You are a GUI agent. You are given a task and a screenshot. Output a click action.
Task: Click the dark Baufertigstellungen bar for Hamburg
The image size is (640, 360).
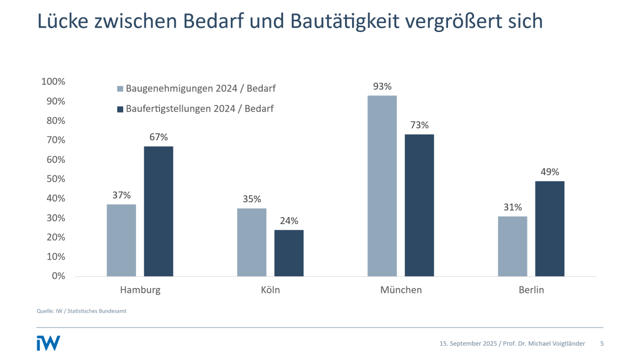pos(158,211)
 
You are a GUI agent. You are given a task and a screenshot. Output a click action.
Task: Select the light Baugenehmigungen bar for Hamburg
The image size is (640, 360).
pos(121,240)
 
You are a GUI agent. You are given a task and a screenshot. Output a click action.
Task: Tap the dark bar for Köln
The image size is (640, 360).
pos(289,253)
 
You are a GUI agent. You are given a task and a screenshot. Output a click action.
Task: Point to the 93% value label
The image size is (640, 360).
pos(382,86)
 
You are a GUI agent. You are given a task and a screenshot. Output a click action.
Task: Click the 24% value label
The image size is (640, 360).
pos(289,220)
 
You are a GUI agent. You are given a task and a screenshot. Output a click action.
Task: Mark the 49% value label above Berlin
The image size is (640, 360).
pos(550,172)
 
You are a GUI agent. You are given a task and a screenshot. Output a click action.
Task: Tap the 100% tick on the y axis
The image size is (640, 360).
pos(53,82)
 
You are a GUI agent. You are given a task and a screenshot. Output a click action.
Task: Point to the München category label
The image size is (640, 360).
pos(401,290)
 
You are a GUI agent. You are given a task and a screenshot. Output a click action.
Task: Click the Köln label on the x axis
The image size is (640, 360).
pos(270,290)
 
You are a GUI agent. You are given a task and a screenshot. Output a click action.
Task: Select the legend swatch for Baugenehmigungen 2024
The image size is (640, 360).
pos(120,89)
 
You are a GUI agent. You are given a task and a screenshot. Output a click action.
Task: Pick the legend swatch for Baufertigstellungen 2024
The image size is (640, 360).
pos(120,109)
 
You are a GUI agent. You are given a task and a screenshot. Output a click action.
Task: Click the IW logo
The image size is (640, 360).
pos(48,343)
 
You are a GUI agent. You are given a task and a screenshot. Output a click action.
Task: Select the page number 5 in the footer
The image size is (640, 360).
pos(602,343)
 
